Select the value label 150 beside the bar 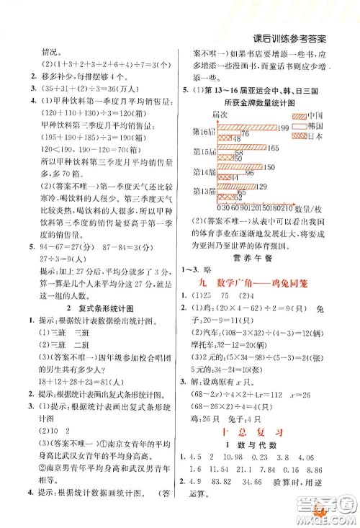tap(280, 166)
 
